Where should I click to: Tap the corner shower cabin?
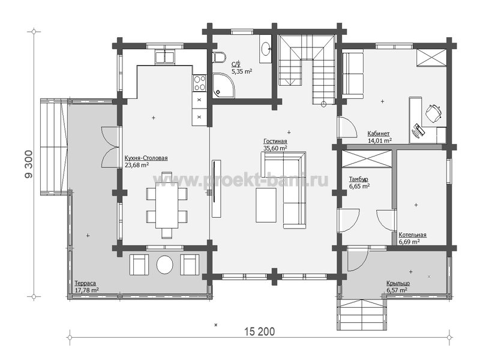coord(223,85)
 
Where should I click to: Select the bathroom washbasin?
coord(265,48)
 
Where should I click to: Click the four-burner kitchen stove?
coord(199,83)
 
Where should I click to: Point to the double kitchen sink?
coord(165,57)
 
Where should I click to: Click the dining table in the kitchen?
coord(167,205)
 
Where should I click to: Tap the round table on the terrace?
coord(164,265)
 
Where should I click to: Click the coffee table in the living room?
coord(266,205)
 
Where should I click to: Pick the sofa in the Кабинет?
coord(352,76)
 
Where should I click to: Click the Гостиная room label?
coord(275,141)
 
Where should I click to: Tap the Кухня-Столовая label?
coord(146,158)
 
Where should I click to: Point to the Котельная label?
coord(412,235)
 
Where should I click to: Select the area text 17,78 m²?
coord(86,290)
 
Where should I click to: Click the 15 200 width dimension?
coord(260,331)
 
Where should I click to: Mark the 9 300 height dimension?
coord(29,164)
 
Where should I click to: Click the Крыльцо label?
coord(398,283)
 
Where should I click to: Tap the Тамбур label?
coord(358,179)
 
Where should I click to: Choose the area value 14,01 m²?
coord(380,141)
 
